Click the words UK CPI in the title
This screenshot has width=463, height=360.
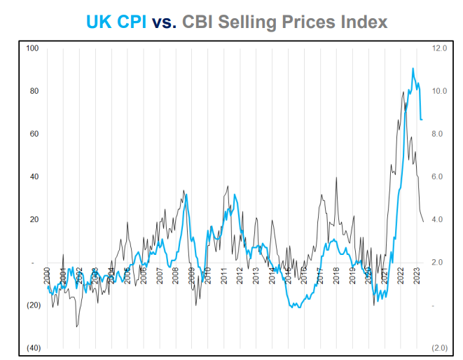click(116, 22)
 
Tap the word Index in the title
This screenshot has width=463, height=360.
click(360, 22)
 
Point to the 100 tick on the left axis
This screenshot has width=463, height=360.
click(32, 48)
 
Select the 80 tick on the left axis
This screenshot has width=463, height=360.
click(33, 91)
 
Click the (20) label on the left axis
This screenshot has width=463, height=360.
click(32, 305)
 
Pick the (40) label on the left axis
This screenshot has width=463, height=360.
click(32, 348)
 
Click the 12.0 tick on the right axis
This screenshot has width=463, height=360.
click(439, 48)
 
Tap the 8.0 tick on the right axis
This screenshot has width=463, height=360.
click(438, 134)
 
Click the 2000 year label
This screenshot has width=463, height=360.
click(48, 274)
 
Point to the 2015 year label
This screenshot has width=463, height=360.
click(289, 274)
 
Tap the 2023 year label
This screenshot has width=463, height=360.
click(417, 274)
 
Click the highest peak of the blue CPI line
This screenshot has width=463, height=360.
click(413, 69)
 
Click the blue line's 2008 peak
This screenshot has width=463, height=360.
click(186, 194)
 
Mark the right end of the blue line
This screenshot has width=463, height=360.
click(422, 120)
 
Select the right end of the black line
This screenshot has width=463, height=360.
click(423, 221)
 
